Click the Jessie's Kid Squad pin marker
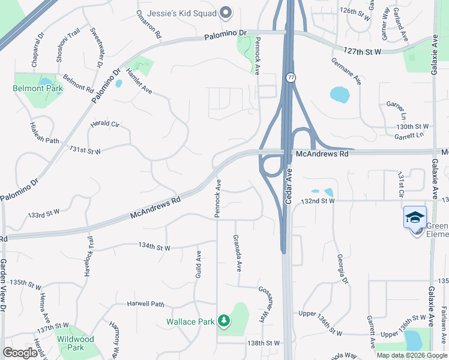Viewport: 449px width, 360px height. [226, 11]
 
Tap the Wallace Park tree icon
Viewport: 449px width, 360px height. [224, 322]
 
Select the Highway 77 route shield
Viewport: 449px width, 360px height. [291, 78]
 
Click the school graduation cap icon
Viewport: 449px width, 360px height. [415, 217]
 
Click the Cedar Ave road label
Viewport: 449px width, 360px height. [288, 186]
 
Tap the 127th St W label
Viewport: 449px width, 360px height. [363, 52]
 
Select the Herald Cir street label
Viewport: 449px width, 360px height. [105, 124]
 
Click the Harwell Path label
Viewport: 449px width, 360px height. [145, 304]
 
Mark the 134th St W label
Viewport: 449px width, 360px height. [154, 247]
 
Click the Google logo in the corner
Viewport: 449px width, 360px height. [20, 353]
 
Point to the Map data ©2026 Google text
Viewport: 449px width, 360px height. [412, 355]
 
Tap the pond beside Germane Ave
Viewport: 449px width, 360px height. [339, 94]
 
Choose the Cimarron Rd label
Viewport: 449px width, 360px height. [149, 25]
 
